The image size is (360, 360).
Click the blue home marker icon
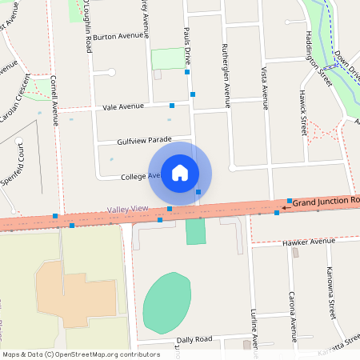click(180, 173)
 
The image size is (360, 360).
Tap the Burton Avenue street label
click(116, 37)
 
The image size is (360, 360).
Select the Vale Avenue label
click(123, 106)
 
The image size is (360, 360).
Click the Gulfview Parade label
click(144, 140)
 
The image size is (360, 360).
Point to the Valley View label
click(128, 210)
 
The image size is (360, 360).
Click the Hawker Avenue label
click(309, 241)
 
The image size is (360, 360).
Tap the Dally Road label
click(194, 339)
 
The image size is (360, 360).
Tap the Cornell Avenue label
click(54, 101)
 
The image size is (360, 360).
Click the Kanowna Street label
click(330, 291)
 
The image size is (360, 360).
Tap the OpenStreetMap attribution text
click(81, 354)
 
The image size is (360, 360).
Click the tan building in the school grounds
click(76, 292)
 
